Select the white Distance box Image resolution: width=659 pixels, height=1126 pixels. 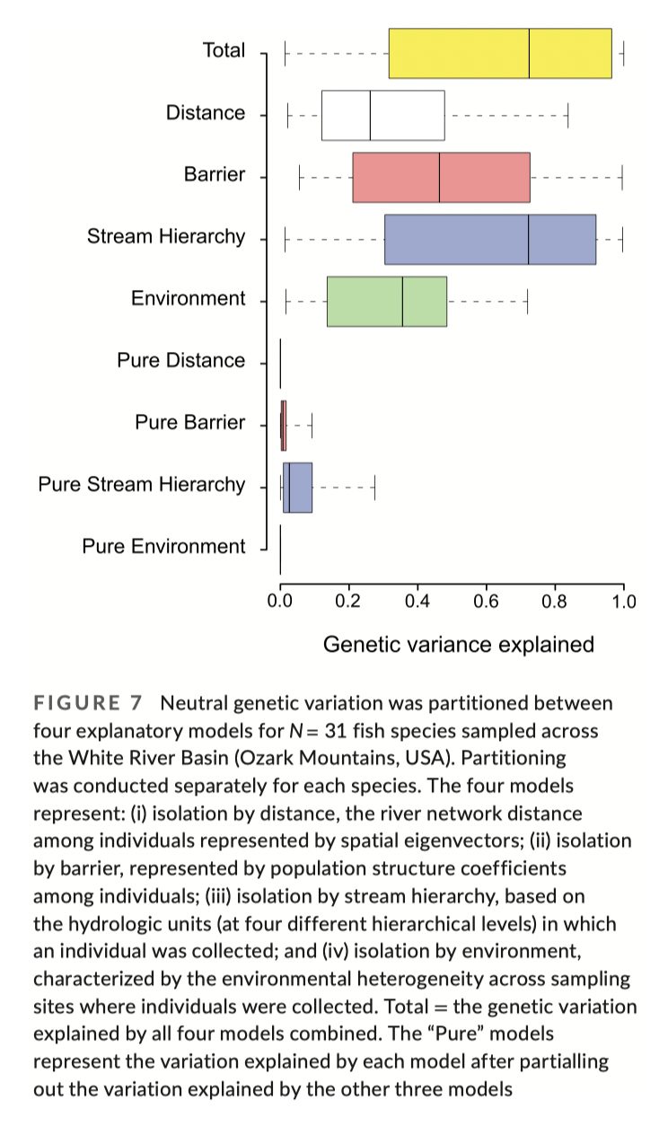click(x=383, y=115)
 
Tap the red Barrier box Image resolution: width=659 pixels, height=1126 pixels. click(x=441, y=177)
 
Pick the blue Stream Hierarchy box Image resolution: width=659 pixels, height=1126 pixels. click(x=490, y=240)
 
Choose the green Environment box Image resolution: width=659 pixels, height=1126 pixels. click(x=387, y=302)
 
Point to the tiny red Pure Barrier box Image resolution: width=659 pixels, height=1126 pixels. click(x=284, y=426)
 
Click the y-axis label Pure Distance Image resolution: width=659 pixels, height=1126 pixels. click(x=180, y=360)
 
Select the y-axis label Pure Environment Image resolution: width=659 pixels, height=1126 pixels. click(x=163, y=546)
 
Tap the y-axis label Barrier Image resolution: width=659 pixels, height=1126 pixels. click(x=214, y=174)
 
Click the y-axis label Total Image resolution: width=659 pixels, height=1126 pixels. click(x=224, y=50)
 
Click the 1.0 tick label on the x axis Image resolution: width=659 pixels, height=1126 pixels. click(x=623, y=601)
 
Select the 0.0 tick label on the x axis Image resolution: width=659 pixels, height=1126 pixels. click(x=280, y=601)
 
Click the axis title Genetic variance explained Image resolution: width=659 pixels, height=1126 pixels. click(x=458, y=644)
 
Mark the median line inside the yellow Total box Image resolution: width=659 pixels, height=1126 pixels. click(x=529, y=53)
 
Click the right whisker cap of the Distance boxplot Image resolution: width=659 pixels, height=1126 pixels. click(x=567, y=115)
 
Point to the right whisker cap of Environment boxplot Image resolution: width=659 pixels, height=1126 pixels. click(x=526, y=302)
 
